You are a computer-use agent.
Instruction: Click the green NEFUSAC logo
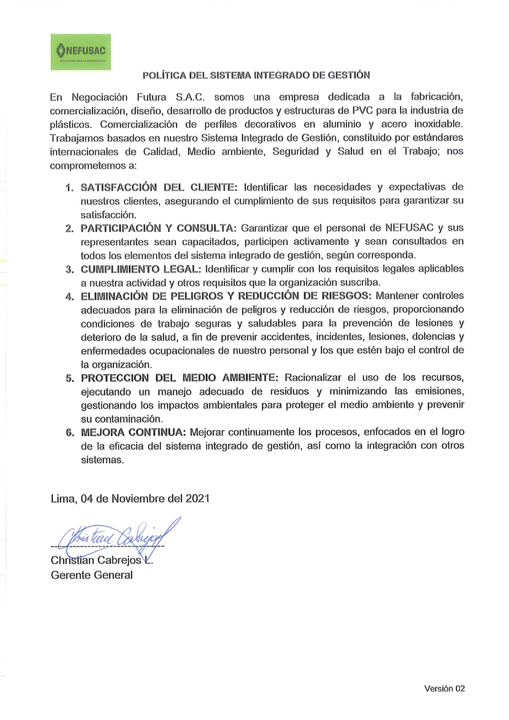click(x=80, y=52)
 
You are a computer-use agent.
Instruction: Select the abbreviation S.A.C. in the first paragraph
click(x=190, y=98)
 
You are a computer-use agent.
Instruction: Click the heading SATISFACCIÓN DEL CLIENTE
click(x=159, y=187)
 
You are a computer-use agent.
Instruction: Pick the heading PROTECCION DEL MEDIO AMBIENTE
click(x=179, y=378)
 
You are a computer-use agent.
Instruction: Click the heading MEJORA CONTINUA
click(x=133, y=432)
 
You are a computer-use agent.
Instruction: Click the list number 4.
click(x=69, y=297)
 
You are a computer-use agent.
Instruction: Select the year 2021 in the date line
click(x=197, y=499)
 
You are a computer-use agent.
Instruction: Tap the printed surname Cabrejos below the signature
click(x=119, y=560)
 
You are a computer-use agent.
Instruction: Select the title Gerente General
click(x=91, y=575)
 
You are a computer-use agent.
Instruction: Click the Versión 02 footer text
click(x=444, y=689)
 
